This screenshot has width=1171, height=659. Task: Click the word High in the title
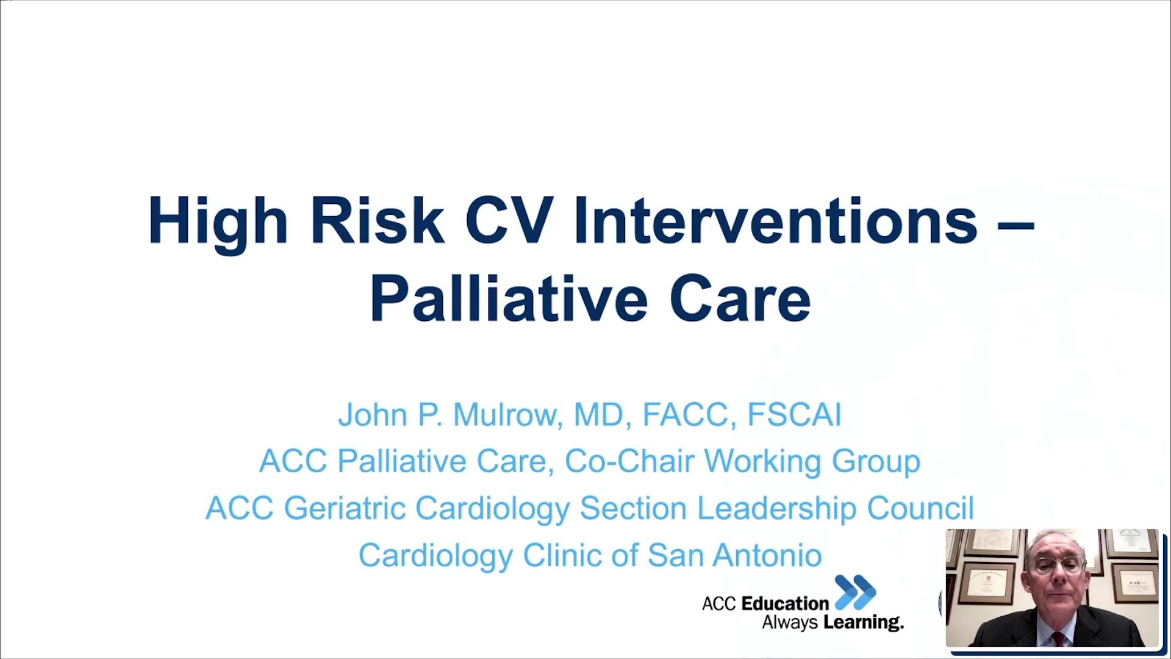[217, 221]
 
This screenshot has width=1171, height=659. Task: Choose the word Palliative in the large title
[509, 299]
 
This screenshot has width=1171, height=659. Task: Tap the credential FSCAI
[794, 415]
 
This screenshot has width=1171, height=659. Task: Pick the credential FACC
[685, 415]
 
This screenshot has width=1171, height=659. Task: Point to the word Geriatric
[345, 508]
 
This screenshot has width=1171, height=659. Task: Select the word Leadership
[776, 508]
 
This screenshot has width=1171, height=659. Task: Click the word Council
[920, 508]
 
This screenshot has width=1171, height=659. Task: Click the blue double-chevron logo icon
[855, 592]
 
